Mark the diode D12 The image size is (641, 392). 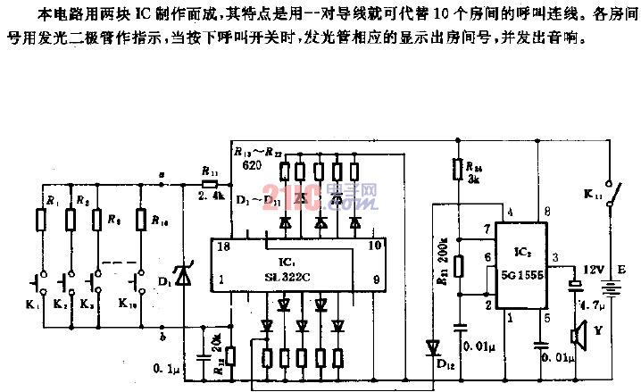pos(434,346)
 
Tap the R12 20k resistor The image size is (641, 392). pos(230,356)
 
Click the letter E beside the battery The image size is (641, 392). pos(632,266)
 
